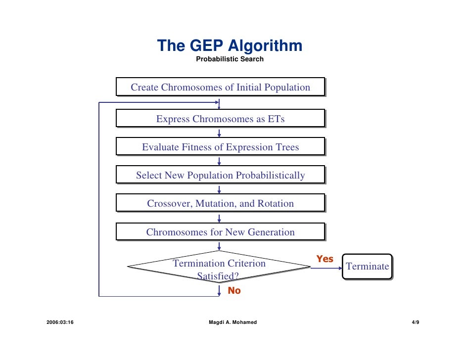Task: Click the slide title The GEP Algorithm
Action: pos(230,46)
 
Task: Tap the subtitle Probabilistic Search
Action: pos(230,59)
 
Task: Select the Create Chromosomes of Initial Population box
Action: pos(220,88)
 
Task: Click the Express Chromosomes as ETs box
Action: pos(220,119)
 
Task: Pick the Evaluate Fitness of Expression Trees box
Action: pos(220,147)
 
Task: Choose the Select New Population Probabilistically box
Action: pos(220,176)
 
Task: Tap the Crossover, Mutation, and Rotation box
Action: pos(220,204)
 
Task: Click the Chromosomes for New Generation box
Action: pos(220,232)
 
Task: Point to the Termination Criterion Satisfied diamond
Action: pos(219,268)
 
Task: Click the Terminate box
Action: pos(367,267)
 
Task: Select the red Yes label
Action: pos(325,259)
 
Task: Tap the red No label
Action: pos(234,291)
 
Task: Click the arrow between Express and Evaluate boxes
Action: pos(219,133)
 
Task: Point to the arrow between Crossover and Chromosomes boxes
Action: pos(219,218)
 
